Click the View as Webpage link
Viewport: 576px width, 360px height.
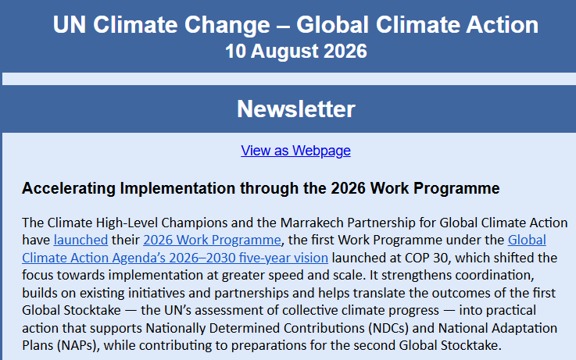[295, 151]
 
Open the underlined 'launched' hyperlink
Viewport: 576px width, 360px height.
[80, 240]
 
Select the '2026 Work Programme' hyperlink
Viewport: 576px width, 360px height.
[212, 240]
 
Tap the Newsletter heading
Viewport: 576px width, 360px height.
[295, 109]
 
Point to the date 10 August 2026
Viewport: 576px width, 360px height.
[295, 51]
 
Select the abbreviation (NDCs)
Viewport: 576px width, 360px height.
[388, 328]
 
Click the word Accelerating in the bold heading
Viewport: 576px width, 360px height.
[69, 188]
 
